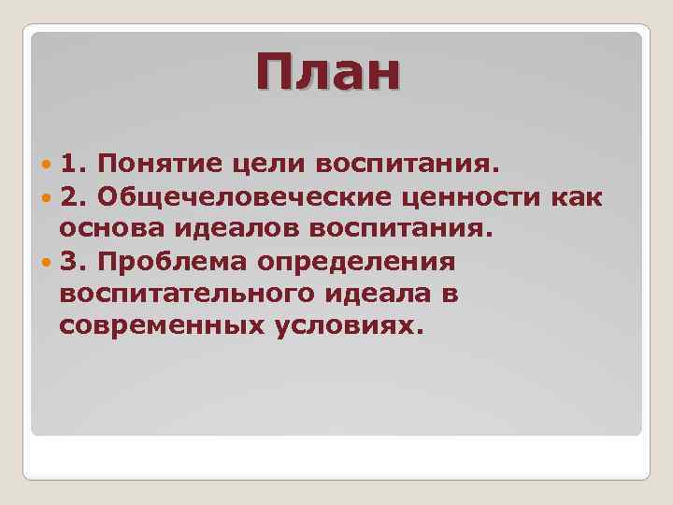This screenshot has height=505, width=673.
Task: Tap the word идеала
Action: (x=369, y=294)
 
